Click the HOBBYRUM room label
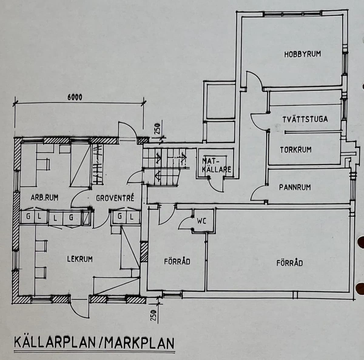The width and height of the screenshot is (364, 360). click(302, 54)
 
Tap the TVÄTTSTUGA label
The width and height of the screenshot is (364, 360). click(305, 119)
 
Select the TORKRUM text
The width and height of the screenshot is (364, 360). click(295, 150)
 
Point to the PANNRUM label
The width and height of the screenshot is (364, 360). click(295, 187)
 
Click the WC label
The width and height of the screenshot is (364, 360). click(201, 221)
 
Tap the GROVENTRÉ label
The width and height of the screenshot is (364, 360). click(115, 199)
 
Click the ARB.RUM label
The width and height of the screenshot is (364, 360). click(45, 199)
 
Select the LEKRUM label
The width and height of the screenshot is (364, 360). click(80, 260)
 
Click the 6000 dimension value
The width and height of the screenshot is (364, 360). click(75, 97)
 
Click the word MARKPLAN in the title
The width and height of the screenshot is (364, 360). click(138, 344)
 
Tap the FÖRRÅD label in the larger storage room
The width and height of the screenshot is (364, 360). click(289, 263)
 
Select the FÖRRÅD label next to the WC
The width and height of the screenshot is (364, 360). click(177, 261)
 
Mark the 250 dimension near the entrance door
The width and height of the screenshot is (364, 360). click(157, 129)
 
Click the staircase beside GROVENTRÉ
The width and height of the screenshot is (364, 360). click(162, 168)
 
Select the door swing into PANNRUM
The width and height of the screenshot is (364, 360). click(258, 194)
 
